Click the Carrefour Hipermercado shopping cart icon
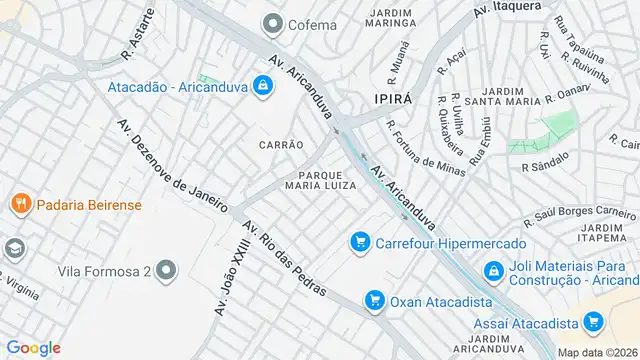click(359, 241)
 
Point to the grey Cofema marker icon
click(271, 24)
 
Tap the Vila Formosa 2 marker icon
click(166, 271)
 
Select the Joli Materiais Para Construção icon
click(493, 270)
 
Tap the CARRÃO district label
click(281, 145)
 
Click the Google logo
click(33, 347)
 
